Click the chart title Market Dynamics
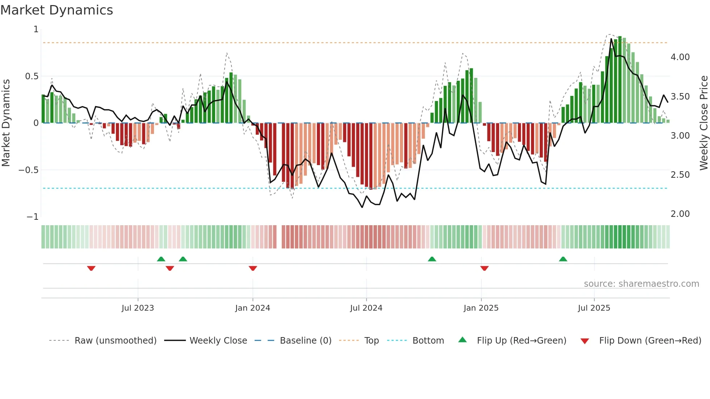(57, 10)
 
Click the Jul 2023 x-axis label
(138, 308)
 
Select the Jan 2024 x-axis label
(252, 308)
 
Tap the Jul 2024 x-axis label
(366, 308)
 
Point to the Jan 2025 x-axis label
(481, 308)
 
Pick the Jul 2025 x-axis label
(594, 308)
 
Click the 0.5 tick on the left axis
(32, 76)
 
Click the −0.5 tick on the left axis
(29, 170)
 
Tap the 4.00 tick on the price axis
(680, 57)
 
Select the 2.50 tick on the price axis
(680, 175)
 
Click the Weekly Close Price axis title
(703, 123)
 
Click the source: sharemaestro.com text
(641, 284)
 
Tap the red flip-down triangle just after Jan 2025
(484, 268)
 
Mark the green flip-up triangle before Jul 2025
(563, 259)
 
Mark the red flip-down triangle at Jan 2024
(253, 268)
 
